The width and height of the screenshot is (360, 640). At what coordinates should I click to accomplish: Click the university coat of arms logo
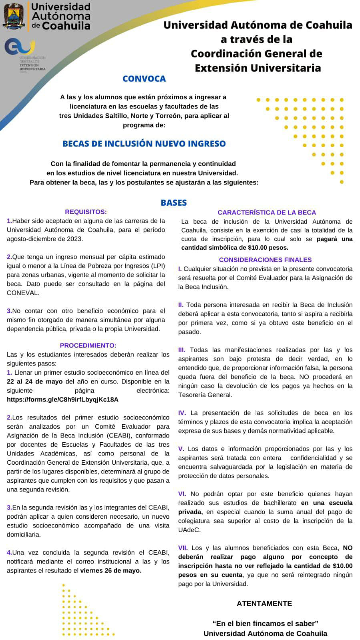pyautogui.click(x=14, y=16)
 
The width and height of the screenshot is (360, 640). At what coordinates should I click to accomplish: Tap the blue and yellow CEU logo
pyautogui.click(x=20, y=47)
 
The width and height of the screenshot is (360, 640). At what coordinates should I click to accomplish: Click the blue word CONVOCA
pyautogui.click(x=144, y=78)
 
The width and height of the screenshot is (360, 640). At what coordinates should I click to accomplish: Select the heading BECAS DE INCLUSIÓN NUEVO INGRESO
pyautogui.click(x=144, y=144)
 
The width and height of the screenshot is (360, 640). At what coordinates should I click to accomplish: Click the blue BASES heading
pyautogui.click(x=174, y=203)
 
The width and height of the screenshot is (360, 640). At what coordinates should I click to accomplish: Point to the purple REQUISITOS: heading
pyautogui.click(x=86, y=212)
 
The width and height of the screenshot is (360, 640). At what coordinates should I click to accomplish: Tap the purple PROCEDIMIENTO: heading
pyautogui.click(x=88, y=345)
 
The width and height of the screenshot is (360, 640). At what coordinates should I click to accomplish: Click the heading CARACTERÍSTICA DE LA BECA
pyautogui.click(x=267, y=212)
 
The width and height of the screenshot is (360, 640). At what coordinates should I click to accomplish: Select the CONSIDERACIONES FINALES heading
pyautogui.click(x=265, y=260)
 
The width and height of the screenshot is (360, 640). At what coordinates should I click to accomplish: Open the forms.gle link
pyautogui.click(x=62, y=399)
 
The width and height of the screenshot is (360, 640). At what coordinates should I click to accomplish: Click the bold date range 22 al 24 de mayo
pyautogui.click(x=34, y=381)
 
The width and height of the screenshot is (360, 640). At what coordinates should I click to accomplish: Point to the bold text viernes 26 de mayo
pyautogui.click(x=111, y=570)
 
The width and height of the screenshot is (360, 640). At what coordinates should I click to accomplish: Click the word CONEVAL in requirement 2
pyautogui.click(x=23, y=293)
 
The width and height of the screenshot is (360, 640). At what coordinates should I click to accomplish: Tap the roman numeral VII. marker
pyautogui.click(x=183, y=548)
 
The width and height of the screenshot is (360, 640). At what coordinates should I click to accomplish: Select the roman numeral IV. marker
pyautogui.click(x=182, y=413)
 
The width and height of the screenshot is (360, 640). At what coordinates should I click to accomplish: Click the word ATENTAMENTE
pyautogui.click(x=264, y=603)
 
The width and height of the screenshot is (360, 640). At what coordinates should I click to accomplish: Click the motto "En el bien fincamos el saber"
pyautogui.click(x=265, y=623)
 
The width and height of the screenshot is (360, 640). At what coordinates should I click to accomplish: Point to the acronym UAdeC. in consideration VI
pyautogui.click(x=189, y=530)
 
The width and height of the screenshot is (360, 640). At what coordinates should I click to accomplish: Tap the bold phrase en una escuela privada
pyautogui.click(x=327, y=503)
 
